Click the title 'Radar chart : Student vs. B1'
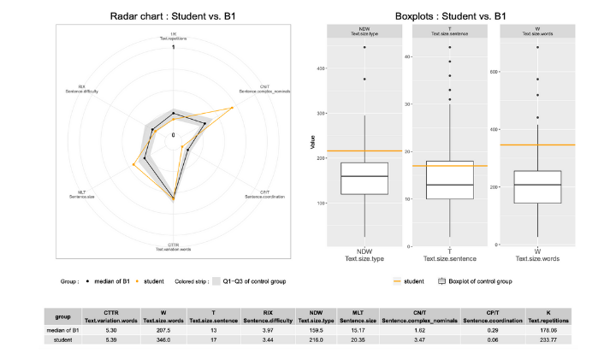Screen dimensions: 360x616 tap(174, 15)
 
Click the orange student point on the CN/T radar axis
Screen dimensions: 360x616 tap(234, 108)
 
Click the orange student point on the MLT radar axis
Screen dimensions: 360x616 tap(133, 163)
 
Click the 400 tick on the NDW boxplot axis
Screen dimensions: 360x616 tap(319, 68)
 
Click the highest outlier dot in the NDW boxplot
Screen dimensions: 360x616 tap(364, 47)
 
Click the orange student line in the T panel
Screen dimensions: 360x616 tap(449, 165)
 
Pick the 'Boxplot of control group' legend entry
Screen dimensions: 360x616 tap(477, 280)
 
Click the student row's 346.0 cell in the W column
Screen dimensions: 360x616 tap(157, 340)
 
